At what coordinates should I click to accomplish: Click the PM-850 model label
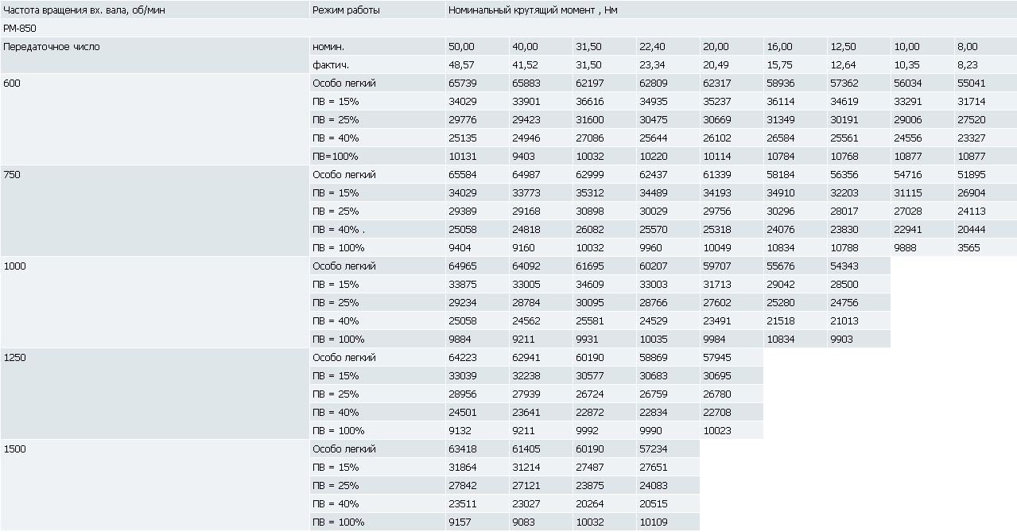pyautogui.click(x=20, y=28)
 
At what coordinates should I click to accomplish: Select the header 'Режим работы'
pyautogui.click(x=346, y=10)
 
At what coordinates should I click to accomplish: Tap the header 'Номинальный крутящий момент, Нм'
pyautogui.click(x=533, y=10)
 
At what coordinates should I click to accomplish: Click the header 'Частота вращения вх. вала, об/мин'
pyautogui.click(x=84, y=10)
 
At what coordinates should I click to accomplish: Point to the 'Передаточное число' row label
pyautogui.click(x=52, y=47)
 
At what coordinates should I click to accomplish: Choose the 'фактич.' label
pyautogui.click(x=331, y=65)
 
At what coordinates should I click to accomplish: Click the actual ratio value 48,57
pyautogui.click(x=461, y=65)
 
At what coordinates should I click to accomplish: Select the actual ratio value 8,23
pyautogui.click(x=968, y=65)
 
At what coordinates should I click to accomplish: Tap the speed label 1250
pyautogui.click(x=14, y=358)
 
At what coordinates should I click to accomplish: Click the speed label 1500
pyautogui.click(x=14, y=449)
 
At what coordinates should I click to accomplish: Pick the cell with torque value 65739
pyautogui.click(x=463, y=83)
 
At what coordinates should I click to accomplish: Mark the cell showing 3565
pyautogui.click(x=968, y=248)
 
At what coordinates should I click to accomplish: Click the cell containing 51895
pyautogui.click(x=972, y=175)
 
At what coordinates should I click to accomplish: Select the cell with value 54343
pyautogui.click(x=844, y=266)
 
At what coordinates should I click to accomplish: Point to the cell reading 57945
pyautogui.click(x=717, y=358)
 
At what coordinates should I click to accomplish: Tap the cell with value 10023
pyautogui.click(x=717, y=431)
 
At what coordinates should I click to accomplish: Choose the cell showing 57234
pyautogui.click(x=654, y=449)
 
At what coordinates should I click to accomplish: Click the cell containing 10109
pyautogui.click(x=654, y=522)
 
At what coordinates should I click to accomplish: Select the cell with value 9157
pyautogui.click(x=460, y=522)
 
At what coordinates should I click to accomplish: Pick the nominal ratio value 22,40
pyautogui.click(x=652, y=47)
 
